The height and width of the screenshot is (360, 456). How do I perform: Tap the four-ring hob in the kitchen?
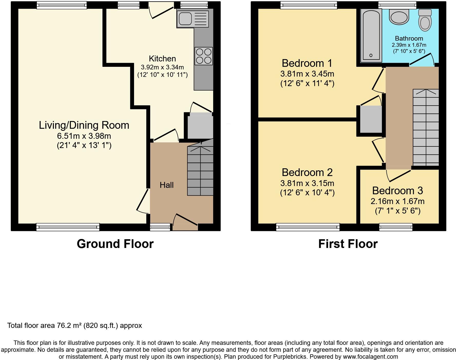pos(204,56)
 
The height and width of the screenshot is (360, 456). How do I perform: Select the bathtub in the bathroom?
pos(371,35)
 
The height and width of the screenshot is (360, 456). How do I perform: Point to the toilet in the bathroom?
pos(425,21)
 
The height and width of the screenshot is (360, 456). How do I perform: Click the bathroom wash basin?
pos(399,17)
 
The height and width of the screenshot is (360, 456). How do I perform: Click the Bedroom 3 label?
pos(397,191)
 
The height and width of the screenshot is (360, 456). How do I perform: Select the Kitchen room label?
pos(162,59)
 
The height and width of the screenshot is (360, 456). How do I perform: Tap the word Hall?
pos(167,185)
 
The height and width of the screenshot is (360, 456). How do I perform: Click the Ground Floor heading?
pos(115,244)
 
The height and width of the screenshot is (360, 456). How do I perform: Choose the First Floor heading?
pos(348,244)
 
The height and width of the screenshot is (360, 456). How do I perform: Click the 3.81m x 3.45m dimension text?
pos(307,74)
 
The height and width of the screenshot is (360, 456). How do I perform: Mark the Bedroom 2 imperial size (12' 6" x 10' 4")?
pos(307,193)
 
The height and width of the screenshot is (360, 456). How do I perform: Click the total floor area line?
pos(74,326)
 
